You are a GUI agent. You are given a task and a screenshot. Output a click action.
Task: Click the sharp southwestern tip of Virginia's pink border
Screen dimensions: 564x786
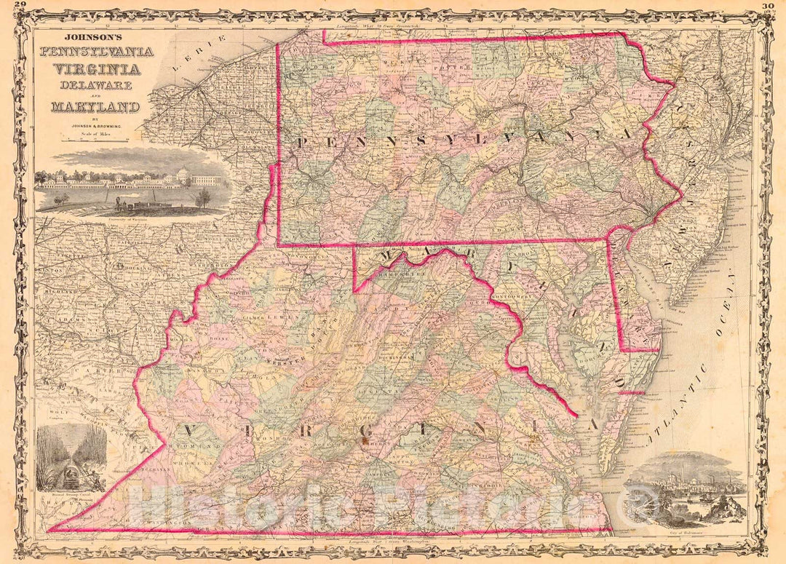pos(49,529)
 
